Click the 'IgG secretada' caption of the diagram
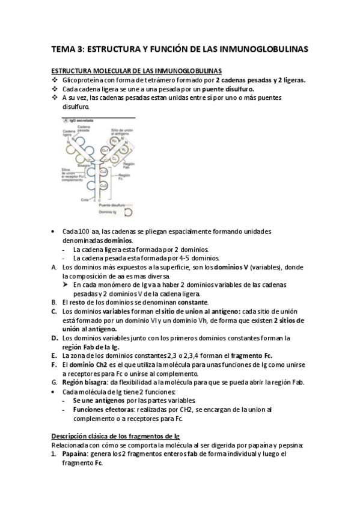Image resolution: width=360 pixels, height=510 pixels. coord(78,121)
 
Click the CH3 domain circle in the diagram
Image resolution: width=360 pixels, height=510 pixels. coord(103,186)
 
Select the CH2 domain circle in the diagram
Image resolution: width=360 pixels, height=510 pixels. coord(103,171)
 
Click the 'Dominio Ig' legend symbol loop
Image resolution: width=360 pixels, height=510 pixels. coord(128,212)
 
